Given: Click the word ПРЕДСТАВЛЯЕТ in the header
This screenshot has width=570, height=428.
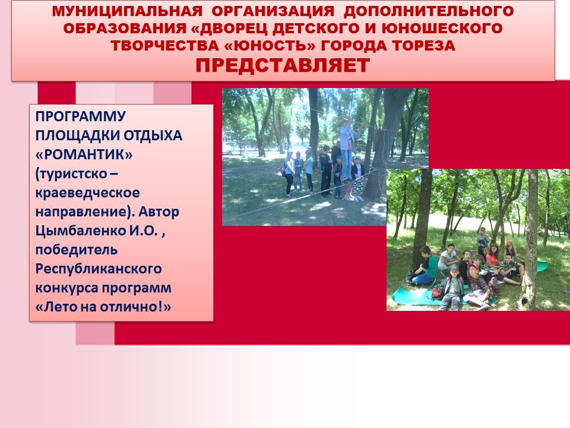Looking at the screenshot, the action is (x=283, y=65).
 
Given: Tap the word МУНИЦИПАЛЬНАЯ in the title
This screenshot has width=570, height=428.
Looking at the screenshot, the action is (x=127, y=11).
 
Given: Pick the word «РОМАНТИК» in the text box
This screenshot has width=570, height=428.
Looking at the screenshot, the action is (x=84, y=155).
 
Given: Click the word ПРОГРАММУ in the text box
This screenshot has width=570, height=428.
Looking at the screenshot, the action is (x=81, y=117).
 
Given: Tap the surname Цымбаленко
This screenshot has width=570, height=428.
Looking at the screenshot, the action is (x=79, y=231).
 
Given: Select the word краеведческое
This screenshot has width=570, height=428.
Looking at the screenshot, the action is (x=88, y=193).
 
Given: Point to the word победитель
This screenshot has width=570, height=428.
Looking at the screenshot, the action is (x=77, y=250).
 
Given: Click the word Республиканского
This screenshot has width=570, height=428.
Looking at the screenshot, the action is (x=99, y=269).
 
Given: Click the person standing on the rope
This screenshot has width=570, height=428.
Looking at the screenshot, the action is (x=347, y=149).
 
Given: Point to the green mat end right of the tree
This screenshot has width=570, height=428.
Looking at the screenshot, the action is (x=541, y=266).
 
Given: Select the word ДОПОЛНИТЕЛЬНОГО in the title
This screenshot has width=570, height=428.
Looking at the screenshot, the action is (x=429, y=11).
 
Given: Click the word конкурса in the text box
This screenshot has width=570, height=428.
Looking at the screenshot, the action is (x=66, y=288).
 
